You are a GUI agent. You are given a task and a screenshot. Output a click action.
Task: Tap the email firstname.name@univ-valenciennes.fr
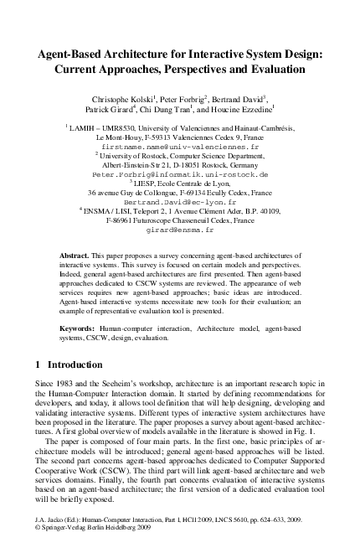180,145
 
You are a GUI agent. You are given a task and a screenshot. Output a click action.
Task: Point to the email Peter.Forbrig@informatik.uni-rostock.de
180,175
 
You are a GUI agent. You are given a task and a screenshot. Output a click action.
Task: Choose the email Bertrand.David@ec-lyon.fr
180,203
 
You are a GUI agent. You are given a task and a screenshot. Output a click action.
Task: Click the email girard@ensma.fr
180,229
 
